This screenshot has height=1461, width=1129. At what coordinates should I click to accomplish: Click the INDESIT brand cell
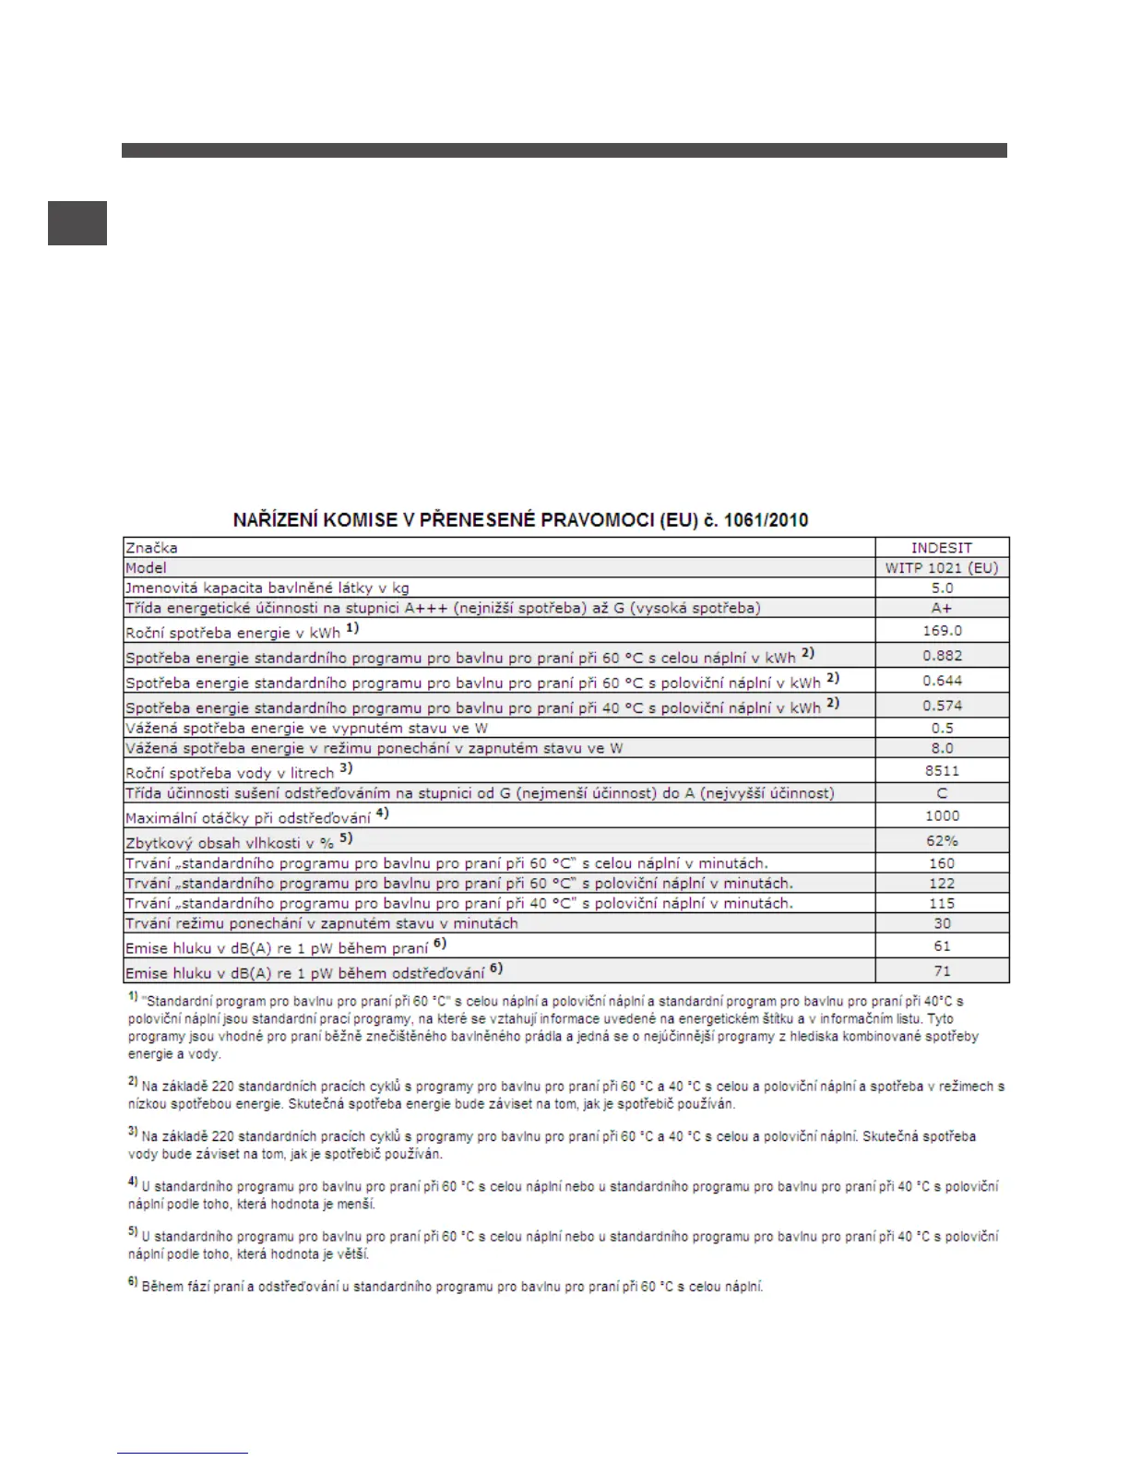(x=941, y=548)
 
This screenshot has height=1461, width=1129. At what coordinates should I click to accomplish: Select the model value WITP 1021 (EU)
(x=941, y=568)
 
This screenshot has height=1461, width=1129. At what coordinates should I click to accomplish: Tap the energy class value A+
(x=941, y=608)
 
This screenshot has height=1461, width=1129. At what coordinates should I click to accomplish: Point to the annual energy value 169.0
(x=942, y=631)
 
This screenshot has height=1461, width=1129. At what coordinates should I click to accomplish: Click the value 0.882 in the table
(x=942, y=656)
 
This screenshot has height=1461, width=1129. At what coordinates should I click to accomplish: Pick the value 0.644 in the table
(x=942, y=681)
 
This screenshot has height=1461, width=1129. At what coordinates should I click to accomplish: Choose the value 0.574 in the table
(x=942, y=706)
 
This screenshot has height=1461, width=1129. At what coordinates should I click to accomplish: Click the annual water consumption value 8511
(x=942, y=771)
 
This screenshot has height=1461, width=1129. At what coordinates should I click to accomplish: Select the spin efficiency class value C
(x=942, y=793)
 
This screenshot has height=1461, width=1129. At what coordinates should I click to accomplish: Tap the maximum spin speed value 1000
(x=942, y=816)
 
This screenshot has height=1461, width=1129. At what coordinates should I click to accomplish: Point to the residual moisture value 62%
(x=942, y=841)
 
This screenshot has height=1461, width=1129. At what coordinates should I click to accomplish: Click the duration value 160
(x=942, y=864)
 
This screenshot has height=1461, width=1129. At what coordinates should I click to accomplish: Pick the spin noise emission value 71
(x=942, y=971)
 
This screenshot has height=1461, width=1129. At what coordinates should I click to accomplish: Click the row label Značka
(x=152, y=548)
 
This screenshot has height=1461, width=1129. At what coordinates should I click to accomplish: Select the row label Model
(x=147, y=568)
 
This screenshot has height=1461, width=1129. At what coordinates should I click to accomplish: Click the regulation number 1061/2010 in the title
(x=767, y=520)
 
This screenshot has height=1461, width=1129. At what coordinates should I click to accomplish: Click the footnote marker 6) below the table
(x=133, y=1283)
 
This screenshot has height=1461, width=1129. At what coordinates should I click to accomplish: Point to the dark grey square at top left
(x=77, y=223)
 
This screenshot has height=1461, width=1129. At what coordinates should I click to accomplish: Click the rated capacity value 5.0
(x=942, y=588)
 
